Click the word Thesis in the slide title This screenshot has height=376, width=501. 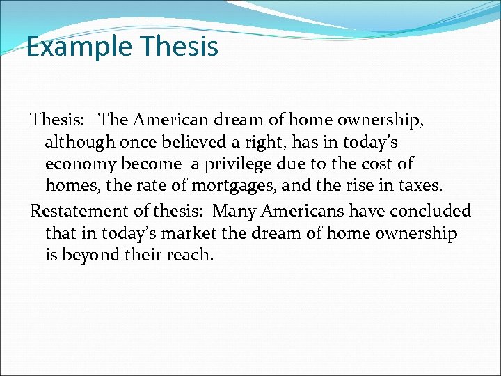tap(179, 47)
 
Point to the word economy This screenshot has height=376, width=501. tap(80, 165)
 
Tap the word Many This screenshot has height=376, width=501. tap(233, 210)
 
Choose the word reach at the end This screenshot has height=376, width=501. tap(189, 256)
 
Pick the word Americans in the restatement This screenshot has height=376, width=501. tap(301, 210)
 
